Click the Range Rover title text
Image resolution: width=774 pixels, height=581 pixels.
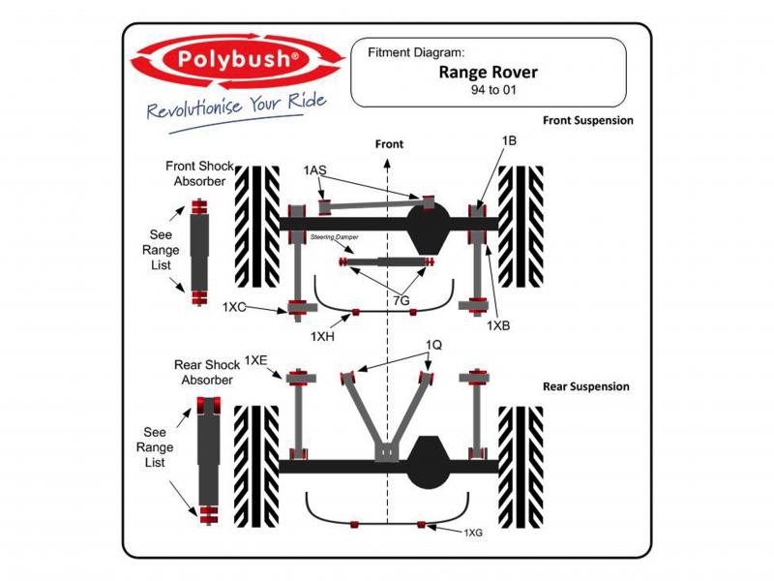(489, 72)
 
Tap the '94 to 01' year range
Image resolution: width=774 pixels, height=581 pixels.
(489, 89)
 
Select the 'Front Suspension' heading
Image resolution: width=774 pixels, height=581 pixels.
(587, 121)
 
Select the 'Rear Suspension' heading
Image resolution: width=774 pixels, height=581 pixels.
(585, 386)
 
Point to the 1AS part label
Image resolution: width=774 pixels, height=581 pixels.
(314, 170)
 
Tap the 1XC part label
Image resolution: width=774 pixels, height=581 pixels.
(235, 307)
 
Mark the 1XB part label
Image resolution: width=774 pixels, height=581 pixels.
(498, 325)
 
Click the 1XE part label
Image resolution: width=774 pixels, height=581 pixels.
(256, 359)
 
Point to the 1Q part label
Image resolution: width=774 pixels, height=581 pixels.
(433, 344)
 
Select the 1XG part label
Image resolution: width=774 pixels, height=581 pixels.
(473, 533)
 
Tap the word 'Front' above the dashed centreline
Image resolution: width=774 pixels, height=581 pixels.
(389, 144)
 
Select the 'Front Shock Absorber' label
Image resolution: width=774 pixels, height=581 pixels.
(198, 173)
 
